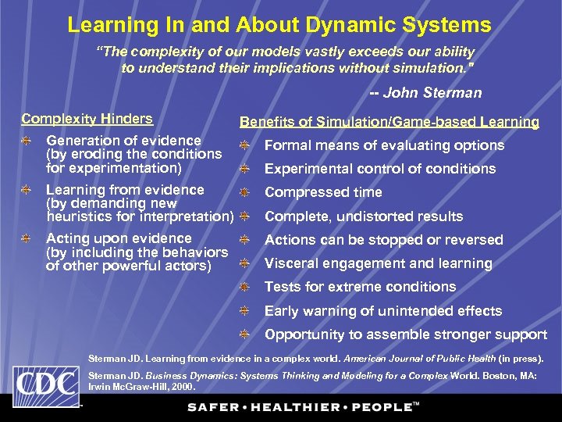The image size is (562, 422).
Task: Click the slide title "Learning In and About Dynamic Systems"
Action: [279, 24]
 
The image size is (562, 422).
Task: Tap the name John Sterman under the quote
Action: [432, 93]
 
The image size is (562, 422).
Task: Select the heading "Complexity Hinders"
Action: [87, 119]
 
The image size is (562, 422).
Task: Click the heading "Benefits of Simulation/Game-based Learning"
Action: [389, 122]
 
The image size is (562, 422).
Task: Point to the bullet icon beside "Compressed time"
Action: [244, 192]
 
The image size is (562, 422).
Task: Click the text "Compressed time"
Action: [323, 192]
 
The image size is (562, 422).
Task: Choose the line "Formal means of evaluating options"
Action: [384, 145]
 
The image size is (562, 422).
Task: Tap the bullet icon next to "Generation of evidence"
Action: [27, 141]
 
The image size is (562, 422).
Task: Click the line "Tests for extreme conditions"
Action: [360, 287]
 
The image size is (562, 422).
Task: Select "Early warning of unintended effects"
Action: [383, 311]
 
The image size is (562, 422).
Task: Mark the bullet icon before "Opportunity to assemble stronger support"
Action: [244, 334]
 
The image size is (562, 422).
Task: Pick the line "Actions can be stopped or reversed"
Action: [383, 240]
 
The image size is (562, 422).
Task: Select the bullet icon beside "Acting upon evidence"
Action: [27, 238]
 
